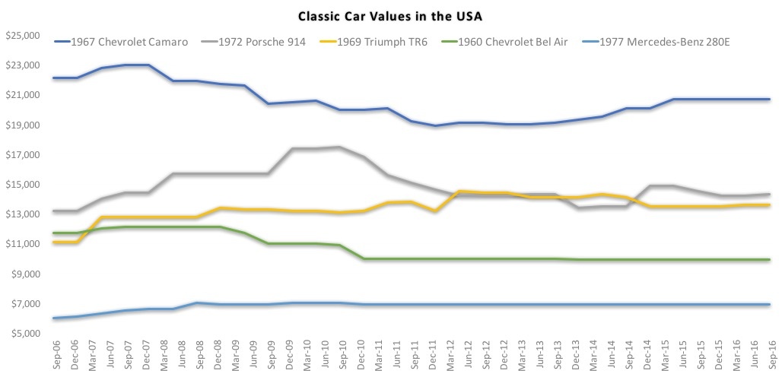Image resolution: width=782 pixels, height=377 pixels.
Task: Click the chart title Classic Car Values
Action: (390, 14)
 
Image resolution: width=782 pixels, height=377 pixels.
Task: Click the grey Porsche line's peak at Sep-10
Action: (339, 147)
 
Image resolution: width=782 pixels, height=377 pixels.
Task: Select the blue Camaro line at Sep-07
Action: (126, 65)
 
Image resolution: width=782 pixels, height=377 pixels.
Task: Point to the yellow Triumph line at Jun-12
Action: (459, 192)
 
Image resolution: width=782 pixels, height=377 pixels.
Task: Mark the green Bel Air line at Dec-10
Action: (364, 258)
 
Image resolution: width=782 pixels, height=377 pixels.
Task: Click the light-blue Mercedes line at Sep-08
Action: (197, 303)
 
